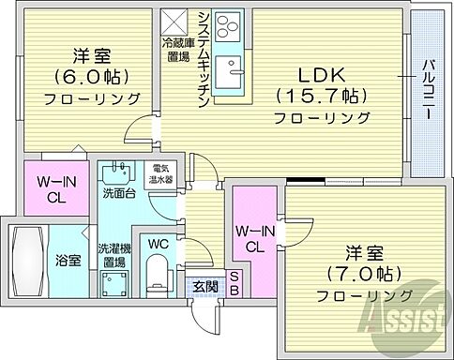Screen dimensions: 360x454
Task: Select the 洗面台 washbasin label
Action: pos(117,195)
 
